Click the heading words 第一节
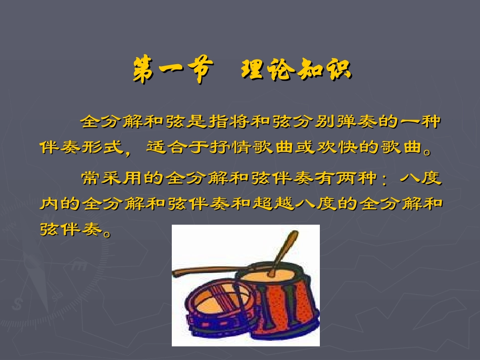170,71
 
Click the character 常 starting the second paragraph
89,179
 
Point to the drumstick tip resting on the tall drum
272,273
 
